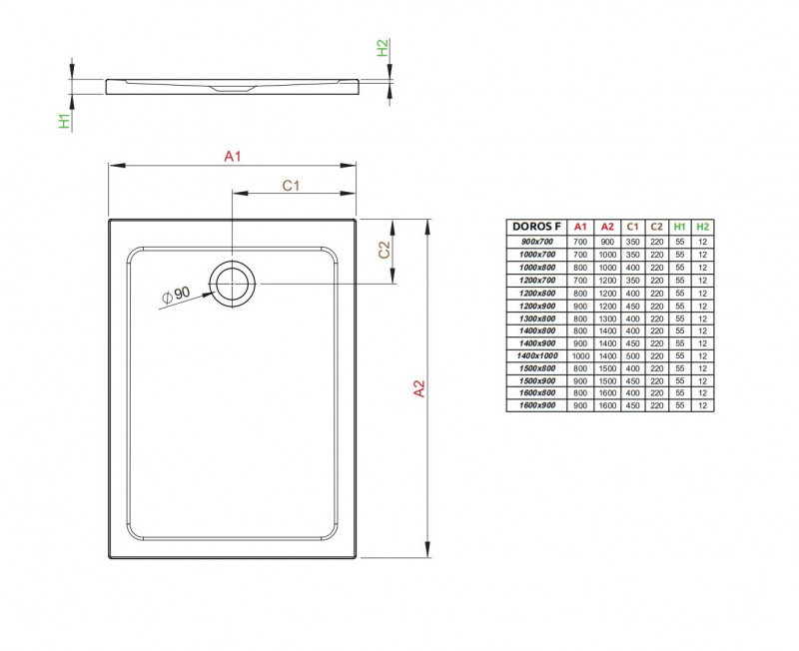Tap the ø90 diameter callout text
(x=176, y=296)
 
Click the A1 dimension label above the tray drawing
(x=233, y=156)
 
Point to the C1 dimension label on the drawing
(x=292, y=185)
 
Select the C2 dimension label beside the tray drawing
(x=384, y=251)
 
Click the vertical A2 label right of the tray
(x=419, y=388)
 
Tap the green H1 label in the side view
(x=64, y=121)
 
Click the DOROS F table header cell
(x=537, y=227)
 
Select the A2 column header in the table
(x=606, y=227)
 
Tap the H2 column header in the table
(x=703, y=227)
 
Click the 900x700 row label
(x=537, y=242)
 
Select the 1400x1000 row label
(x=537, y=355)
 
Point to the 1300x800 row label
(x=537, y=318)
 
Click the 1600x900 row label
(x=537, y=405)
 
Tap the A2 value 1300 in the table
(x=606, y=318)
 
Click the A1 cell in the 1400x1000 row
(x=581, y=355)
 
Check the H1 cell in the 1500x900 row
(x=679, y=380)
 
